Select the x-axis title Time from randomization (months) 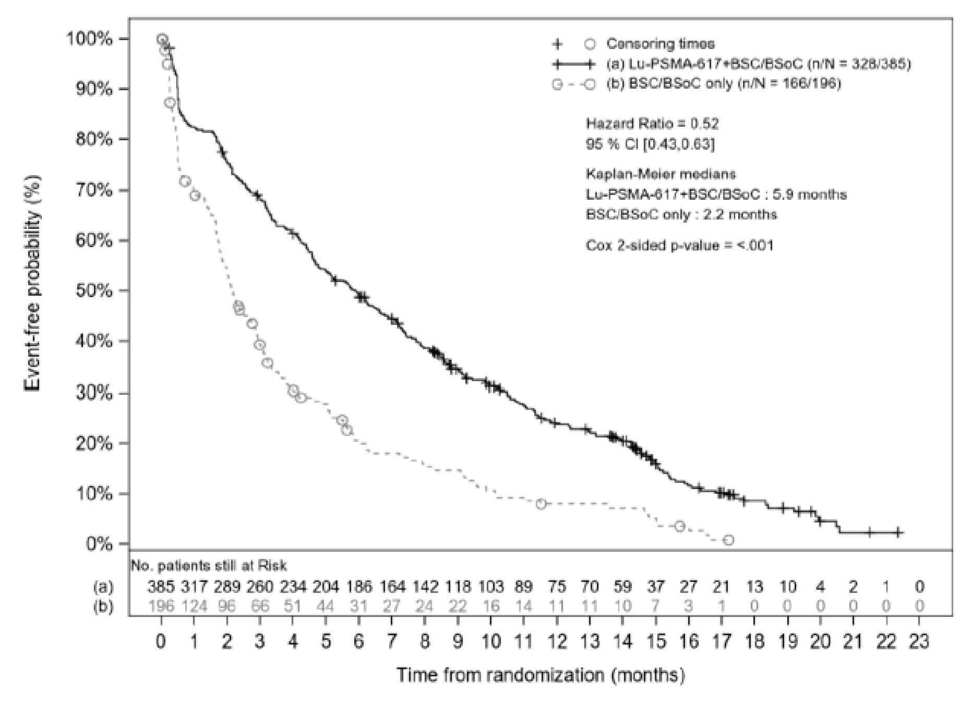[x=540, y=675]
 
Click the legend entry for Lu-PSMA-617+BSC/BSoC [x=759, y=64]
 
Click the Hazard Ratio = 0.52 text [x=652, y=124]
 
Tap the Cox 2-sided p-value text [x=679, y=245]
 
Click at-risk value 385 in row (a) [x=161, y=587]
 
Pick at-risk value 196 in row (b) [x=161, y=606]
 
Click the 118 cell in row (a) [x=458, y=587]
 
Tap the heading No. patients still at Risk [x=209, y=565]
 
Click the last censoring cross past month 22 [x=897, y=532]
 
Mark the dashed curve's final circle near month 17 [x=728, y=540]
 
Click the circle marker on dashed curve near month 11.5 [x=541, y=504]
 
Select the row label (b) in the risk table [x=103, y=606]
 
